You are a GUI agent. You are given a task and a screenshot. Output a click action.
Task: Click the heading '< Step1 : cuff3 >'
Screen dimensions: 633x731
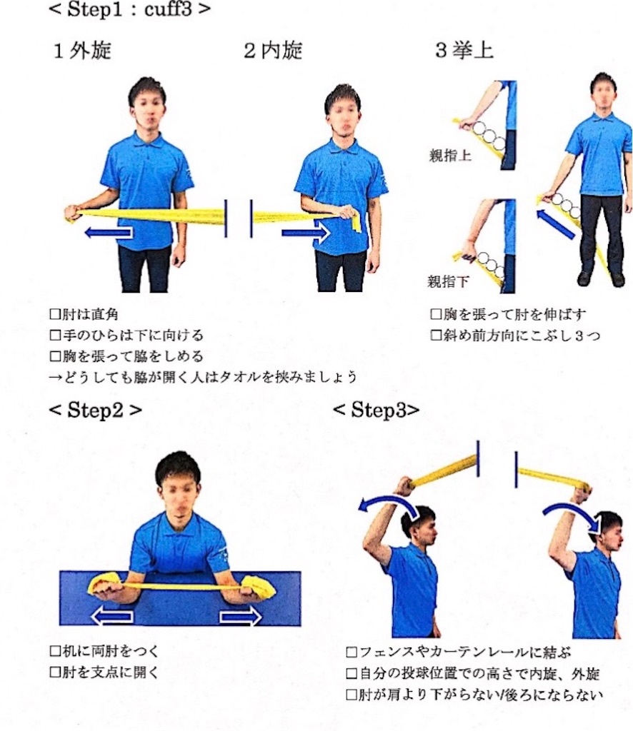pyautogui.click(x=129, y=9)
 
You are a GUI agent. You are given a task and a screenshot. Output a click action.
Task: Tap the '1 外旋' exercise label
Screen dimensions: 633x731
pyautogui.click(x=82, y=51)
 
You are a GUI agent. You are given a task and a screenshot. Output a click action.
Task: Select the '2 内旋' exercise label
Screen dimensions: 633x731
pyautogui.click(x=273, y=51)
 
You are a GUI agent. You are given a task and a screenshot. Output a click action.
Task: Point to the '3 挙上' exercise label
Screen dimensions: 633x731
pyautogui.click(x=464, y=51)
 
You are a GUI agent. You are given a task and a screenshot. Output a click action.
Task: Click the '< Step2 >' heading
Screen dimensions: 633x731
pyautogui.click(x=95, y=410)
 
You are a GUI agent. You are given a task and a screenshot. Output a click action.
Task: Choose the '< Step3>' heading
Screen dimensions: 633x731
pyautogui.click(x=376, y=410)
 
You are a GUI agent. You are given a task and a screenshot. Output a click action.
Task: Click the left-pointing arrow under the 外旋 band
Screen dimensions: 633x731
pyautogui.click(x=109, y=232)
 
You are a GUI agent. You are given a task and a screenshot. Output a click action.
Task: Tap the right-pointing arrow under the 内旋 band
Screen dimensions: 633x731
pyautogui.click(x=306, y=232)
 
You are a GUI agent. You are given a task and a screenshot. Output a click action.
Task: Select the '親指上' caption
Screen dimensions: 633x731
pyautogui.click(x=450, y=156)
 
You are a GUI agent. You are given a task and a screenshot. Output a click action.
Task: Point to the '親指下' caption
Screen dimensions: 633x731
pyautogui.click(x=448, y=281)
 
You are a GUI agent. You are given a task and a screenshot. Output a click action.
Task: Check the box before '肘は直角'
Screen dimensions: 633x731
pyautogui.click(x=55, y=315)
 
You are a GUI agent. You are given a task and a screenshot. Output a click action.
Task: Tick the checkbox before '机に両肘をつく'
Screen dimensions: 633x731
pyautogui.click(x=55, y=651)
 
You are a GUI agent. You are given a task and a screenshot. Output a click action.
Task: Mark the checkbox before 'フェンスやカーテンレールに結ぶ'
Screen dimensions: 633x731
pyautogui.click(x=352, y=652)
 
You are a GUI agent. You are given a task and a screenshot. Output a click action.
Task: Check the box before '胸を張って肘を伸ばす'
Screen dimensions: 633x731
pyautogui.click(x=436, y=315)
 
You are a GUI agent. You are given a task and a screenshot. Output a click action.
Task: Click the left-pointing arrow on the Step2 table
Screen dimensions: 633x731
pyautogui.click(x=112, y=617)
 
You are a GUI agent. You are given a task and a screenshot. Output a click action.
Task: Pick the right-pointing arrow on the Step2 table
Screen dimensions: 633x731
pyautogui.click(x=241, y=617)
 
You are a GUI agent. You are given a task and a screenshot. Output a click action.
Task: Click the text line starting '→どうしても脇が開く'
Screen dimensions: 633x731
pyautogui.click(x=203, y=377)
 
